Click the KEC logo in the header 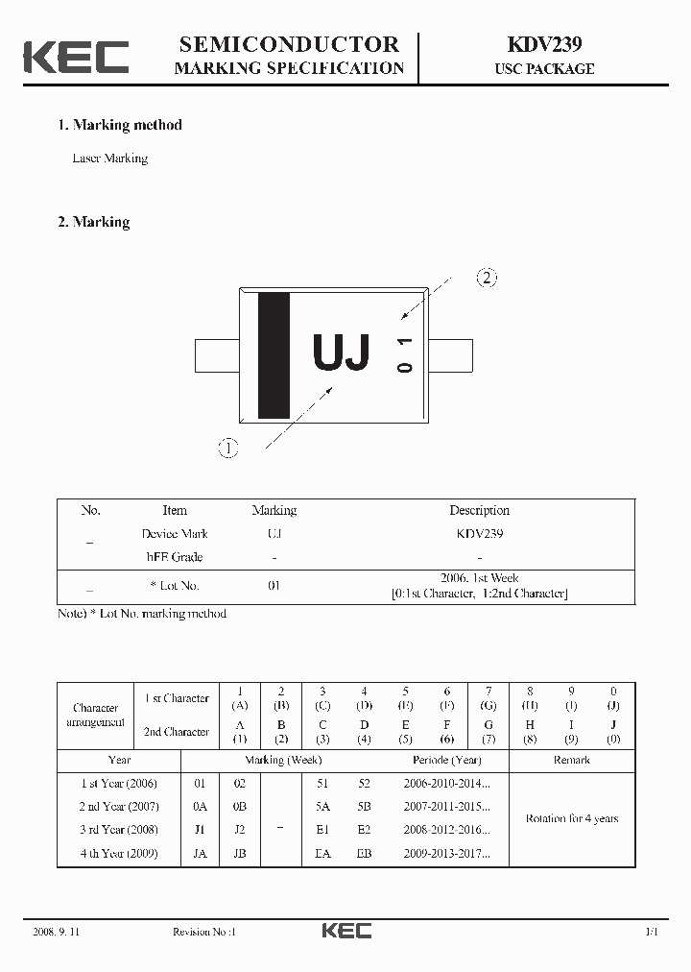[x=76, y=56]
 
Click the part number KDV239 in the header [x=544, y=44]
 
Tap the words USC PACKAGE [x=544, y=69]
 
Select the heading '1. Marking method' [x=119, y=125]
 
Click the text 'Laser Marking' [x=110, y=158]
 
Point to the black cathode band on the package [x=274, y=355]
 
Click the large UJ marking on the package [x=341, y=354]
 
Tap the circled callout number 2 [x=487, y=279]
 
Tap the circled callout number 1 [x=227, y=448]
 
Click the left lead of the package [x=216, y=354]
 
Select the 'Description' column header [x=479, y=510]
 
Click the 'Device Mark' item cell [x=175, y=534]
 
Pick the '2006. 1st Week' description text [x=479, y=578]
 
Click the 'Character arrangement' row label [x=95, y=715]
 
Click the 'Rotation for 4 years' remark [x=572, y=818]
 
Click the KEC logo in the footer [x=345, y=931]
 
